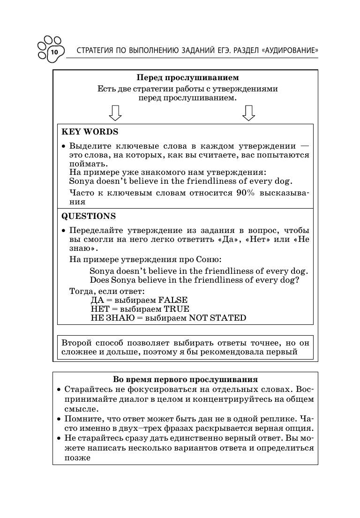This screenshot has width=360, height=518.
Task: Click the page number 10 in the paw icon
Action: pos(54,52)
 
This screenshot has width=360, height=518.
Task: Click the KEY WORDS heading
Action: pos(90,132)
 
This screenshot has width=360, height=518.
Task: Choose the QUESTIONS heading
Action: pos(89,216)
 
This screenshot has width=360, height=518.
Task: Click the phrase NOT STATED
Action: pos(217,318)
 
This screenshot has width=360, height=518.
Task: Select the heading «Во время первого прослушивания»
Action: pos(186,379)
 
